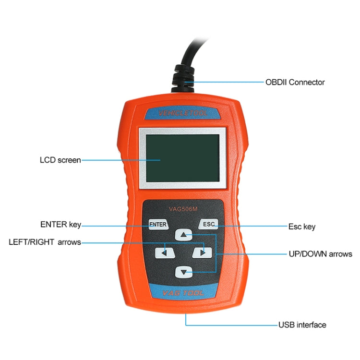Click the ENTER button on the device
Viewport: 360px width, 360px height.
[x=157, y=224]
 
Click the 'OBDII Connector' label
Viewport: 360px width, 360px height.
[x=295, y=82]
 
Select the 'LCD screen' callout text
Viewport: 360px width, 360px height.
[x=60, y=160]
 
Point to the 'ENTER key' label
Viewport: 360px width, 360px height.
[x=60, y=225]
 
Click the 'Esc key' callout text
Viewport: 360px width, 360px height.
[x=301, y=227]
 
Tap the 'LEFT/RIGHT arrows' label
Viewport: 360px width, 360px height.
[x=45, y=242]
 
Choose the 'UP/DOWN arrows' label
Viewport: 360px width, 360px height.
[x=320, y=254]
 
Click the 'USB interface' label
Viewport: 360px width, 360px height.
[x=302, y=325]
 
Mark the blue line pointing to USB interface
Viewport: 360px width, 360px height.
[x=230, y=325]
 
